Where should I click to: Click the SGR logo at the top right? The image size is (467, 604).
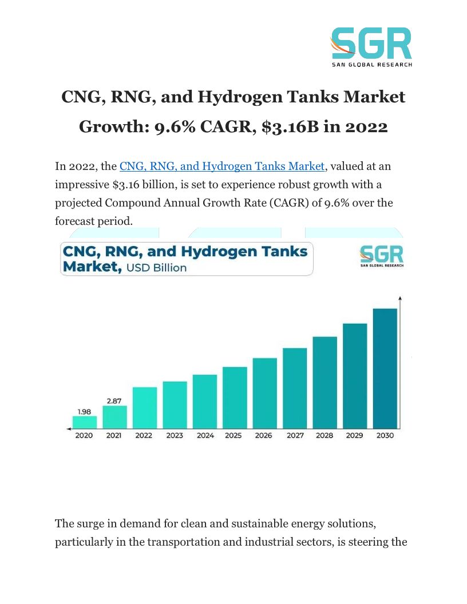371,47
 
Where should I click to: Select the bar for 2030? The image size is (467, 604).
385,368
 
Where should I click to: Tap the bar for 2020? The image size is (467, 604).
85,422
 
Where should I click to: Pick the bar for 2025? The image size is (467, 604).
235,397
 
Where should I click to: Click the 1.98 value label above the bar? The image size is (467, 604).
85,411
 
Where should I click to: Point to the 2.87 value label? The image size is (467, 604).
114,401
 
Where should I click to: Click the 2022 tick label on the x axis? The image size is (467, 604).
144,436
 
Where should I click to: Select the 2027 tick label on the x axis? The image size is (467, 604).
295,436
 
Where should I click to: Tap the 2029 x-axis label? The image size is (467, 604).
355,436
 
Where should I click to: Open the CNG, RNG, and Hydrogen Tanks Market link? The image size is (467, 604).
221,166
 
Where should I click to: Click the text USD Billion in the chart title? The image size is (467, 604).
156,268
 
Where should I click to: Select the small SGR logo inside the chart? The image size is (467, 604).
381,256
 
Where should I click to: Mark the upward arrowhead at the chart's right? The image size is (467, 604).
399,298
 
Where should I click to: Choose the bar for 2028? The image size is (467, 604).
324,382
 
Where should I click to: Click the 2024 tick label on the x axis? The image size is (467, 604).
205,436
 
